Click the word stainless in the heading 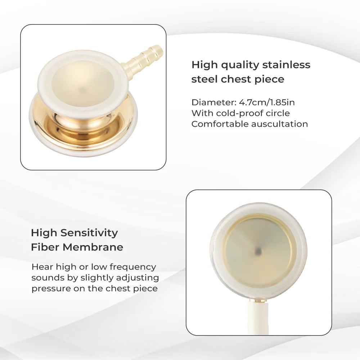pyautogui.click(x=286, y=65)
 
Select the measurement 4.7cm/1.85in pyautogui.click(x=267, y=102)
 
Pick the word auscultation pyautogui.click(x=279, y=124)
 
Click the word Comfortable pyautogui.click(x=220, y=124)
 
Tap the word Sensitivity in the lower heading pyautogui.click(x=89, y=233)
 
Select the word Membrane pyautogui.click(x=93, y=247)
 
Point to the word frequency pyautogui.click(x=133, y=267)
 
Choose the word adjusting pyautogui.click(x=138, y=278)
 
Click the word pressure pyautogui.click(x=51, y=289)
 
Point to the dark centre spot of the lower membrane pyautogui.click(x=258, y=251)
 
